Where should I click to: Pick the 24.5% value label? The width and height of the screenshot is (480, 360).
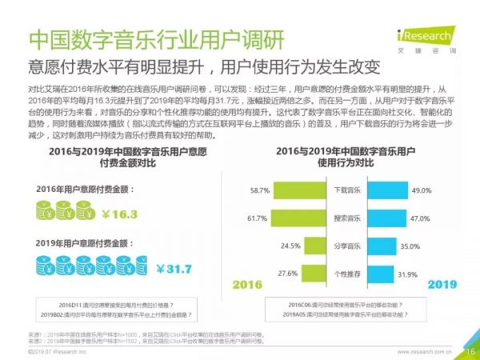coord(258,246)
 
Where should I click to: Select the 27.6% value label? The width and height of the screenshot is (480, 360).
coord(258,274)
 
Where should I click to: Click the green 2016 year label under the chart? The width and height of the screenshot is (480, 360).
coord(247,286)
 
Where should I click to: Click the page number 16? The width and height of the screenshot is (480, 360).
coord(468,349)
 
